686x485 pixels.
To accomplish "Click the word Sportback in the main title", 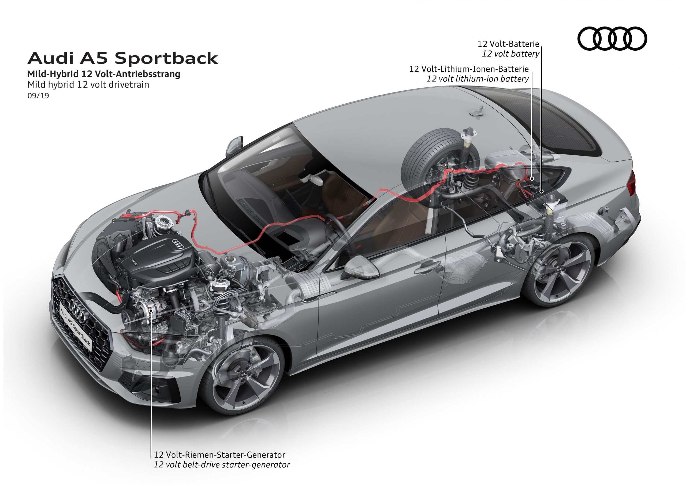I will tap(166, 58).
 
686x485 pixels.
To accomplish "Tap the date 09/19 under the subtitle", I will tap(38, 96).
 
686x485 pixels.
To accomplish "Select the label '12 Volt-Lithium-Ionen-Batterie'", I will tap(469, 69).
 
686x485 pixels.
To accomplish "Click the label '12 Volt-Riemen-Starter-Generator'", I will tap(219, 455).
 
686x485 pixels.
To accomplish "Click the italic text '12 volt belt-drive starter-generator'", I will tap(222, 465).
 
